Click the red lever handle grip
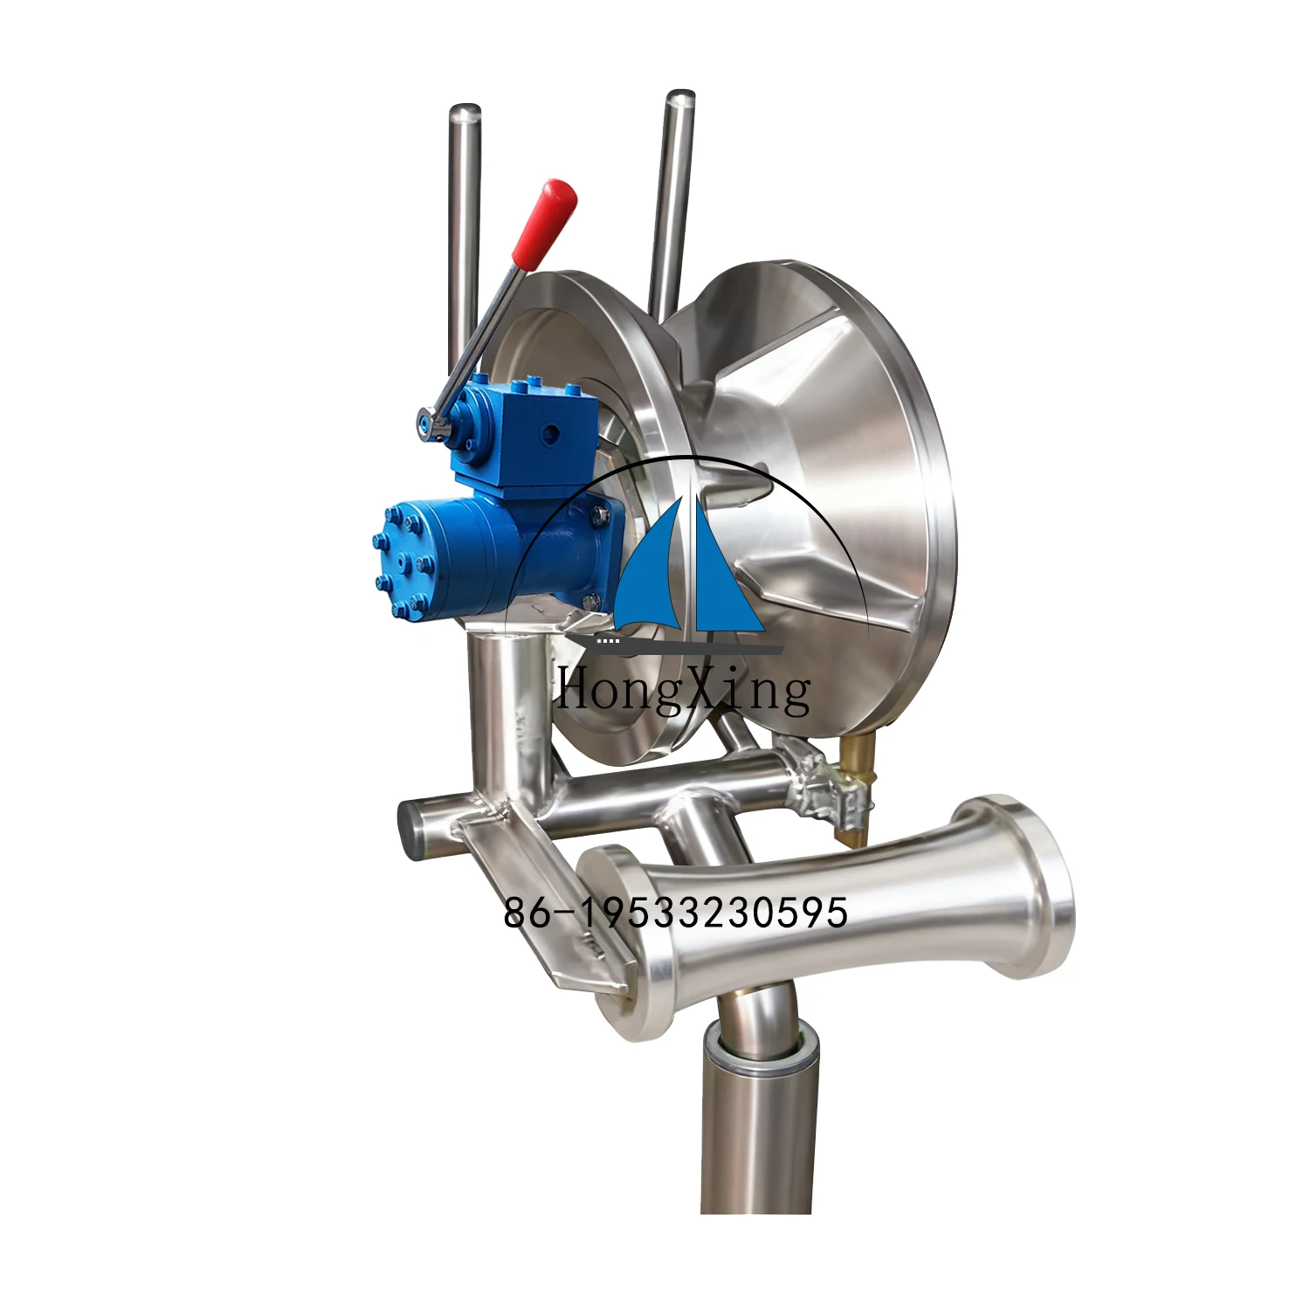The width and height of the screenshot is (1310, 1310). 544,223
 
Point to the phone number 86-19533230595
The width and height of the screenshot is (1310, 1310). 675,913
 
